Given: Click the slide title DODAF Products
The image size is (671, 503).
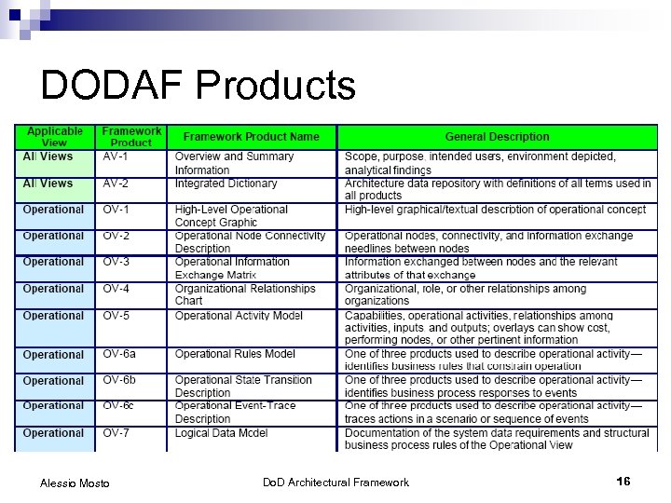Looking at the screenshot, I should (198, 87).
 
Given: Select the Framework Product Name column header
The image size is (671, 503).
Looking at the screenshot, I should (251, 137).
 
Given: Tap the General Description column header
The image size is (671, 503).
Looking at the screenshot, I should (497, 137).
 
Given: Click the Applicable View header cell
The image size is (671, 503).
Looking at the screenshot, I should (54, 137).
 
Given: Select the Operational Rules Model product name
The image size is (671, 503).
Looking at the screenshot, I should (235, 354).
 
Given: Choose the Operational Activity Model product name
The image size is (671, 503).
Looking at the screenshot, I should (239, 316).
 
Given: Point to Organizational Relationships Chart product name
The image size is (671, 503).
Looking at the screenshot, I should (245, 294).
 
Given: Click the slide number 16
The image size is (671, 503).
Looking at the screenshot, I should (623, 482).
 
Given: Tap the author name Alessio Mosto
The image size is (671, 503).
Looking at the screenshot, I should (75, 483).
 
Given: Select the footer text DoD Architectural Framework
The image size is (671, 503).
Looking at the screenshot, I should (335, 482).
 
